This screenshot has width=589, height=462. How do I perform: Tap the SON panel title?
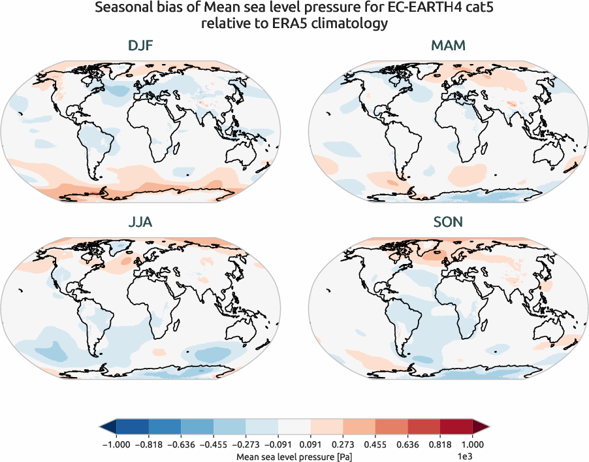[447, 222]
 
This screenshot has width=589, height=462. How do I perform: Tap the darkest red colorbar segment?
[456, 427]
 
